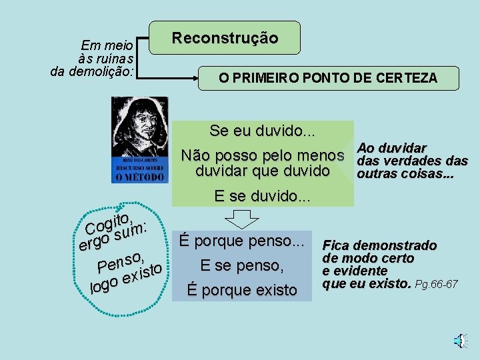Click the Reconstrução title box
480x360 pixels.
pyautogui.click(x=225, y=37)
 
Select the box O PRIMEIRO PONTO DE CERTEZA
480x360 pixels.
pyautogui.click(x=329, y=78)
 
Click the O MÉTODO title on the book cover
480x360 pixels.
pyautogui.click(x=139, y=177)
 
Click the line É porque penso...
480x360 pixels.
pyautogui.click(x=242, y=240)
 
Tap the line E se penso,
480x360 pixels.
pyautogui.click(x=242, y=265)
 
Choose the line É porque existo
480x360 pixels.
pyautogui.click(x=242, y=290)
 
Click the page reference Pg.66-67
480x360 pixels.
pyautogui.click(x=436, y=285)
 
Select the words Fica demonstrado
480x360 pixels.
pyautogui.click(x=380, y=246)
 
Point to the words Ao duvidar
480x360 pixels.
pyautogui.click(x=392, y=148)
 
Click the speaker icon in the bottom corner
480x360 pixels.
pyautogui.click(x=459, y=341)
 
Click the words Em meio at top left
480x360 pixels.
pyautogui.click(x=107, y=46)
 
